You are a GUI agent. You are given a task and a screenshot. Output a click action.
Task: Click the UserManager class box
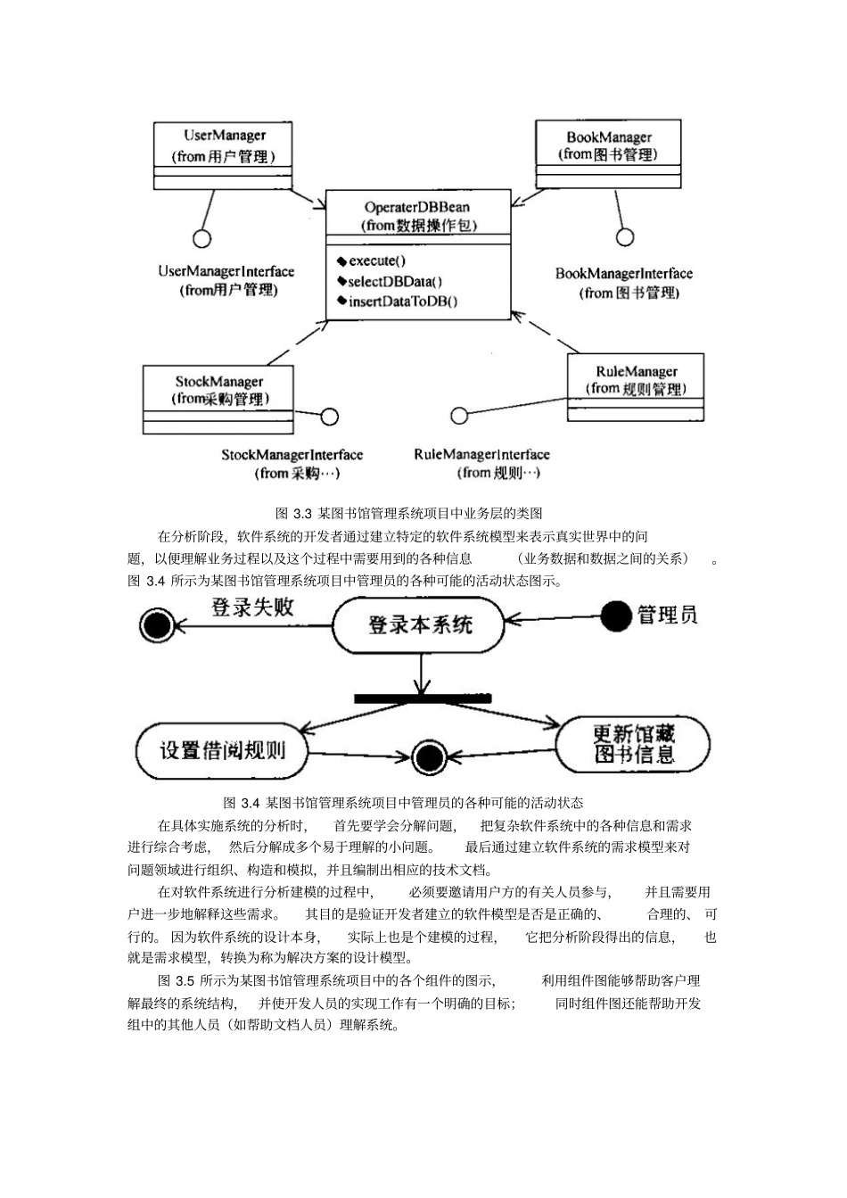tap(225, 154)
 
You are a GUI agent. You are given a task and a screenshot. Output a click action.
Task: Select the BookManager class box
tap(608, 153)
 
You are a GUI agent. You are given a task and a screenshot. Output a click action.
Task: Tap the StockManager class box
tap(218, 399)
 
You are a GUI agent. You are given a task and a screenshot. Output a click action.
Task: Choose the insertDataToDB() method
tap(402, 301)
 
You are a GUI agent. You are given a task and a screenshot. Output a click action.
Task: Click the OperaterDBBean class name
tap(417, 207)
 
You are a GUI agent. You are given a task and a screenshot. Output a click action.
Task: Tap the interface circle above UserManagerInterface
tap(202, 238)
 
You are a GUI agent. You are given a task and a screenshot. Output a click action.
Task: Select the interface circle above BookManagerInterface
tap(625, 236)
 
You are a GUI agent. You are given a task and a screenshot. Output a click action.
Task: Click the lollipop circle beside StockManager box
tap(330, 416)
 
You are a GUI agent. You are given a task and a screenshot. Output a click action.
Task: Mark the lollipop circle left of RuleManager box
tap(459, 415)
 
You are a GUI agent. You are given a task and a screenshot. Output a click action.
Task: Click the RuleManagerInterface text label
tap(481, 455)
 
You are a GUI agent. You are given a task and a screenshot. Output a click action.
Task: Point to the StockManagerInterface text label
tap(292, 455)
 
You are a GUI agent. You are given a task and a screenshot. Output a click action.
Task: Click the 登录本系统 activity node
tap(419, 624)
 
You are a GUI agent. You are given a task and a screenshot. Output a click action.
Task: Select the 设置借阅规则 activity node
tap(222, 749)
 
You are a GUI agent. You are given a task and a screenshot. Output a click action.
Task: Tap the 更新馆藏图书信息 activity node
tap(634, 745)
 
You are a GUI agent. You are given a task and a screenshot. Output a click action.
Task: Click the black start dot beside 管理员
tap(616, 616)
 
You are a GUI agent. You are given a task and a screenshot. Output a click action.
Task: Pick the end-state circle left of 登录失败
tap(158, 624)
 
